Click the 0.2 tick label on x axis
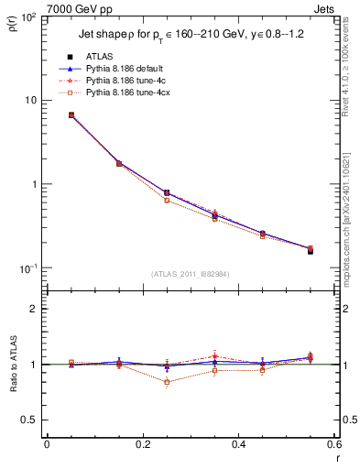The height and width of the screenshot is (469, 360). pyautogui.click(x=142, y=446)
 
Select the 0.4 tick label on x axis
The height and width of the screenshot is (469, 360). pyautogui.click(x=238, y=446)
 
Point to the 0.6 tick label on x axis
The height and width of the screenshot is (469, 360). pyautogui.click(x=332, y=446)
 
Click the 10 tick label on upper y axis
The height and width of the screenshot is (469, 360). pyautogui.click(x=34, y=100)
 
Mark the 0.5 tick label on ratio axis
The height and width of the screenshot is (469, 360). pyautogui.click(x=32, y=420)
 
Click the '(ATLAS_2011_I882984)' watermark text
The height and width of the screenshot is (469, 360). pyautogui.click(x=190, y=274)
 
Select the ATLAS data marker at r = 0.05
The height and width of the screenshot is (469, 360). pyautogui.click(x=71, y=115)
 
